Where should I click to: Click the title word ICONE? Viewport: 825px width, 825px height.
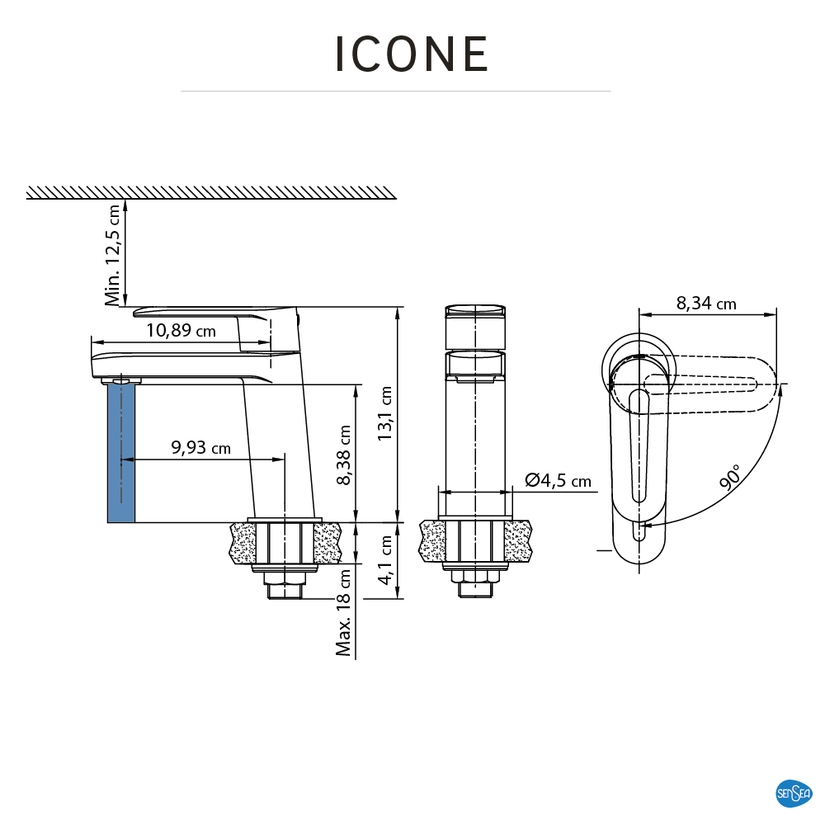click(412, 55)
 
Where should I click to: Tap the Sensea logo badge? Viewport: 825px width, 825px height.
click(794, 793)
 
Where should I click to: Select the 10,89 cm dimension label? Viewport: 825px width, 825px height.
click(181, 331)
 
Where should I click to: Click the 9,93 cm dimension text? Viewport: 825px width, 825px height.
click(200, 448)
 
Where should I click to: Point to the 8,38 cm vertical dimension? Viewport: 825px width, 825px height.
click(345, 455)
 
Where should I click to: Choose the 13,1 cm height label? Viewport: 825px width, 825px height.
click(385, 415)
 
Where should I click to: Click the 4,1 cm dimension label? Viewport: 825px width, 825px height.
click(385, 561)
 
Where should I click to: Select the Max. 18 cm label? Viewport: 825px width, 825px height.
click(344, 613)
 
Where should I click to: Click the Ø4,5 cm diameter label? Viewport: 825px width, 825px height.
click(559, 480)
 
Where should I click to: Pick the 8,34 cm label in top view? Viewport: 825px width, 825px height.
click(706, 304)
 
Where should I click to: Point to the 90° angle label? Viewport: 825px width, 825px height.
click(729, 478)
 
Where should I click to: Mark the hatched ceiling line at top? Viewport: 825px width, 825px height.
click(211, 193)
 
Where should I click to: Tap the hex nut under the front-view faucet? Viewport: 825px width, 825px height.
click(474, 589)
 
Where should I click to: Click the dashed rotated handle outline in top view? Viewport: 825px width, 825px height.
click(709, 384)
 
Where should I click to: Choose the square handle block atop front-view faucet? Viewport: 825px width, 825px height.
click(474, 327)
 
